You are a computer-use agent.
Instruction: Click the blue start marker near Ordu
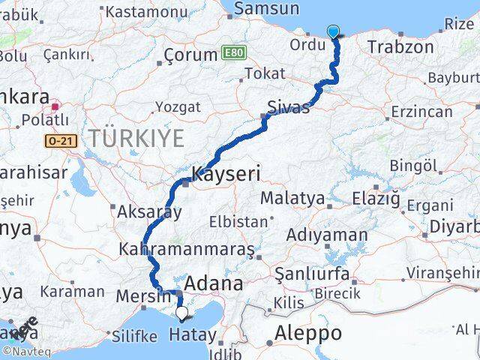(333, 31)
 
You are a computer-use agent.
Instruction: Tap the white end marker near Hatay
(181, 313)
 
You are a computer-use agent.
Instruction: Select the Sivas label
(289, 108)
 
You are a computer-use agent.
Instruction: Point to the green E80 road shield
(233, 54)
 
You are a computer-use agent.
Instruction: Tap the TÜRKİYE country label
(136, 138)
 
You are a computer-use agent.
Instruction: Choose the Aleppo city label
(308, 333)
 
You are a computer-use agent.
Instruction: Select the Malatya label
(292, 199)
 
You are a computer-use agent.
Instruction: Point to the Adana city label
(214, 283)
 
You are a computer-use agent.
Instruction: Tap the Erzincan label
(422, 112)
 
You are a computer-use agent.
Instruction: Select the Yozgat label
(175, 107)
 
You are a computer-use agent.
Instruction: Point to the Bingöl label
(413, 164)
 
